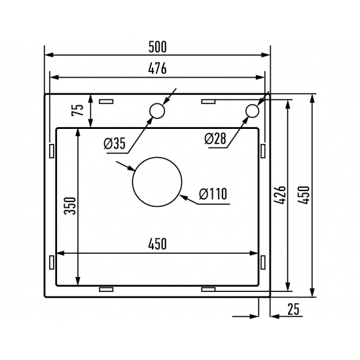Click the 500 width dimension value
[x=157, y=47]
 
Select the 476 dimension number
[x=157, y=68]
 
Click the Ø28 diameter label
[x=215, y=139]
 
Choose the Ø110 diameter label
[x=212, y=194]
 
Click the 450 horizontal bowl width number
[x=157, y=244]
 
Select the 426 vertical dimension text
[x=279, y=194]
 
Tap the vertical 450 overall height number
[x=304, y=194]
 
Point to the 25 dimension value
[x=293, y=310]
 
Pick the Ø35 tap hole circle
[x=157, y=111]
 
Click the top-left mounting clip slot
[x=105, y=101]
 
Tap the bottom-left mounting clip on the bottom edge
[x=105, y=288]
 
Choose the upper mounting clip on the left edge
[x=50, y=150]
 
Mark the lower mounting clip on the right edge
[x=263, y=261]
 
